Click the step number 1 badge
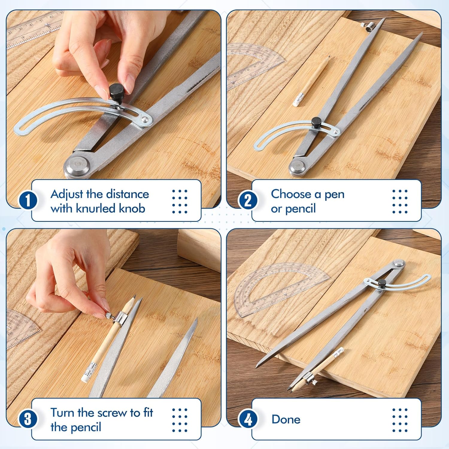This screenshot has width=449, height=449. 28,201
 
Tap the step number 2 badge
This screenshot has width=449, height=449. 248,201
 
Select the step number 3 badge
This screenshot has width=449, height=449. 28,419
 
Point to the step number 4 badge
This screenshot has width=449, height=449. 248,419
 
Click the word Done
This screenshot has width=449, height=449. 286,419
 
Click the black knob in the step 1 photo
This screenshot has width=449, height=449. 116,92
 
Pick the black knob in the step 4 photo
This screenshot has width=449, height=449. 382,283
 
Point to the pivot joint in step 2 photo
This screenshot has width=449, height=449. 297,167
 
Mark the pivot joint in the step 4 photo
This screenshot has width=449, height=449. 399,263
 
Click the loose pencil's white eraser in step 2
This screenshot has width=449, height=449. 298,100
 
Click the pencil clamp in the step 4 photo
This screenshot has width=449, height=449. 309,378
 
